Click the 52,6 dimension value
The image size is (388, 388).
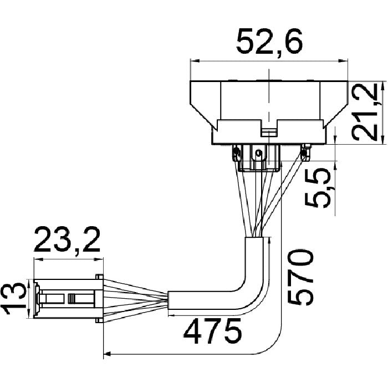[269, 41]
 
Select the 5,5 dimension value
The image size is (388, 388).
[318, 187]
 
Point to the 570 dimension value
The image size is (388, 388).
[300, 277]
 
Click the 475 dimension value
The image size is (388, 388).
[212, 331]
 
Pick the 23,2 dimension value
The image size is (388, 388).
[67, 239]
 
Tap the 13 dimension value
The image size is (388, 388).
[14, 299]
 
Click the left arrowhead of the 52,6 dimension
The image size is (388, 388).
[195, 60]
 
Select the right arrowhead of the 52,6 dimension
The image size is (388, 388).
[343, 60]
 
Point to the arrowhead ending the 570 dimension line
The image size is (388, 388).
[108, 354]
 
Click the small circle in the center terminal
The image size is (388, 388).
[258, 152]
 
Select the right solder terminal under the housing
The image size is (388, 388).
[305, 152]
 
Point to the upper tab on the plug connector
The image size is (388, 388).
[99, 277]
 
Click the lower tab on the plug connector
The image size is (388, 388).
[99, 320]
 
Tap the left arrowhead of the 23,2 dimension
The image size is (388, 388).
[38, 259]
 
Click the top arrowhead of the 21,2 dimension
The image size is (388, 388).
[384, 85]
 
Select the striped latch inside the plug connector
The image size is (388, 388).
[72, 298]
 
